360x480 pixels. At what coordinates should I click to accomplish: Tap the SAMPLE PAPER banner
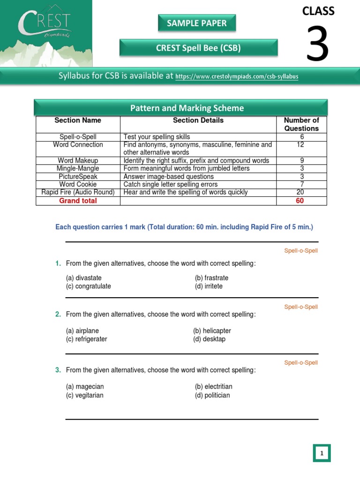pos(196,23)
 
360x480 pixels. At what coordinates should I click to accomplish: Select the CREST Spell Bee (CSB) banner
pos(198,48)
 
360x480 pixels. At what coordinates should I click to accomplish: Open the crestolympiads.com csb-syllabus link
pos(237,76)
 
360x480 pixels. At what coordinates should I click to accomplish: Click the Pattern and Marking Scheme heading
pos(187,108)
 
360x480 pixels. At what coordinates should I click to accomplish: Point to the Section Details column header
pos(198,120)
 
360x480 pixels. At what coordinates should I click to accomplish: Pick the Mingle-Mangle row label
pos(78,168)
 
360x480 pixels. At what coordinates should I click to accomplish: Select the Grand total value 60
pos(300,201)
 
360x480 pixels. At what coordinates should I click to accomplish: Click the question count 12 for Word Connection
pos(302,145)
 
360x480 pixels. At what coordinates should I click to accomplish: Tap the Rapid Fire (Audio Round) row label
pos(78,192)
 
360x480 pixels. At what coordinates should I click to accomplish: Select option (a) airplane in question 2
pos(82,331)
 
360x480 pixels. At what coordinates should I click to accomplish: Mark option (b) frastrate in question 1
pos(211,278)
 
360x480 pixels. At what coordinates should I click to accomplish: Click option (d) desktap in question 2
pos(209,339)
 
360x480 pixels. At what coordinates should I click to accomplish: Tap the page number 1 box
pos(322,453)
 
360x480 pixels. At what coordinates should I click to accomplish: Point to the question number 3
pos(58,370)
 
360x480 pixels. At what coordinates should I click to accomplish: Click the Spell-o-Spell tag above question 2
pos(300,307)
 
